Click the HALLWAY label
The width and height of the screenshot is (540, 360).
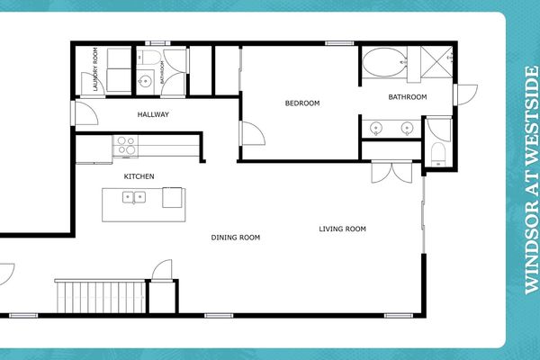coord(153,115)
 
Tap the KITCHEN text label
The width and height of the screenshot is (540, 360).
coord(139,175)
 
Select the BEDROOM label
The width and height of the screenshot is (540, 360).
coord(302,103)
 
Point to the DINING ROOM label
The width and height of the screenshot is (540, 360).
coord(236,238)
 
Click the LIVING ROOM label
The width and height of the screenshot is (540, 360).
coord(343,229)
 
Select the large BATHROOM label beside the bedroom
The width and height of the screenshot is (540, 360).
coord(408,97)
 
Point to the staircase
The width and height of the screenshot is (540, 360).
coord(99,295)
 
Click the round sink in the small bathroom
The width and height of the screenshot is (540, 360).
coord(145,79)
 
